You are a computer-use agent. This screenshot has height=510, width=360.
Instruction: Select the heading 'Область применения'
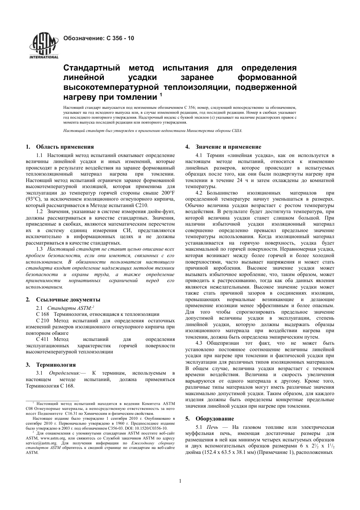click(65, 147)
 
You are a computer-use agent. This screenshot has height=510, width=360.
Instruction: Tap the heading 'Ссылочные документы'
click(68, 300)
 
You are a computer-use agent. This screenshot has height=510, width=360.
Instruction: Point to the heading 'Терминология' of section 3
click(56, 365)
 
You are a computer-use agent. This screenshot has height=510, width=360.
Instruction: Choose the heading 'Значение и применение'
click(228, 147)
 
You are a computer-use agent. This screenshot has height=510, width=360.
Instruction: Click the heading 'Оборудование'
click(214, 419)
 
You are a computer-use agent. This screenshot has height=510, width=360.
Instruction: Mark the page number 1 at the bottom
click(180, 481)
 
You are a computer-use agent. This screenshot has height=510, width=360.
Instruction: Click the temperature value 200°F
click(166, 193)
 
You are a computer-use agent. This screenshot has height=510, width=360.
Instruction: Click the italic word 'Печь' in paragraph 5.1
click(213, 427)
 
